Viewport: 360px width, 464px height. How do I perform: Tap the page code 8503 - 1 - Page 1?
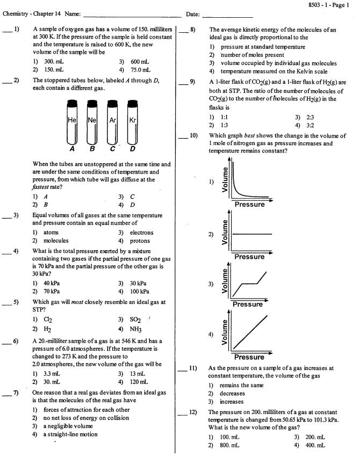click(x=327, y=4)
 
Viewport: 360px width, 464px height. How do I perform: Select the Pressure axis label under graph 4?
click(x=249, y=357)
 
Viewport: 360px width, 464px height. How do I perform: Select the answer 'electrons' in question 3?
click(x=141, y=233)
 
